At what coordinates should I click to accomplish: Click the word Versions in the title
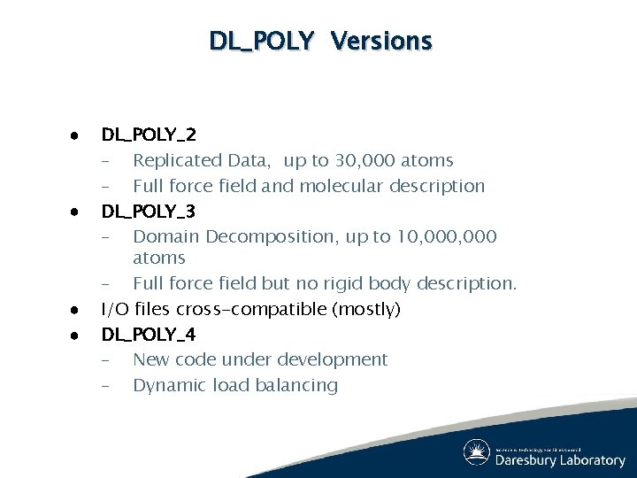click(381, 41)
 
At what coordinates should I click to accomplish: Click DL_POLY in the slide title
click(261, 41)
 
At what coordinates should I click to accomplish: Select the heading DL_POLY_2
click(149, 135)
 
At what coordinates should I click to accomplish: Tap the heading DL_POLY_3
click(149, 212)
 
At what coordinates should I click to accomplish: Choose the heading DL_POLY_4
click(149, 335)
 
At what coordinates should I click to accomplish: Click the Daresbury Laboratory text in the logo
click(560, 460)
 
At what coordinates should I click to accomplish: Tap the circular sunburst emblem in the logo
click(477, 452)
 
